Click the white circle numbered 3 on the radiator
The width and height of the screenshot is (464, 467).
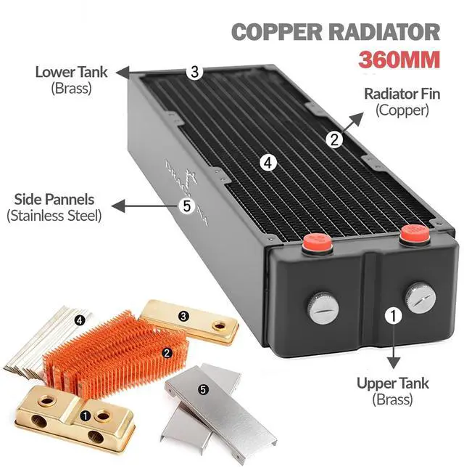coord(194,71)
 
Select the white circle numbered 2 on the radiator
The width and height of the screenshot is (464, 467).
coord(333,140)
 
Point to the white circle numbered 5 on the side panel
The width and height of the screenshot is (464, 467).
coord(187,206)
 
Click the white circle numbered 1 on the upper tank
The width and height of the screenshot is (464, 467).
coord(393,315)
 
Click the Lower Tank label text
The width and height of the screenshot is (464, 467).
coord(72,72)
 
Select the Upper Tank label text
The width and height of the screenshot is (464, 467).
coord(392,383)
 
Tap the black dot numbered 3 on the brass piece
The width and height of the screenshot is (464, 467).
coord(184,316)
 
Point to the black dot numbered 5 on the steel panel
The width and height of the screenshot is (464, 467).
coord(203,389)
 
